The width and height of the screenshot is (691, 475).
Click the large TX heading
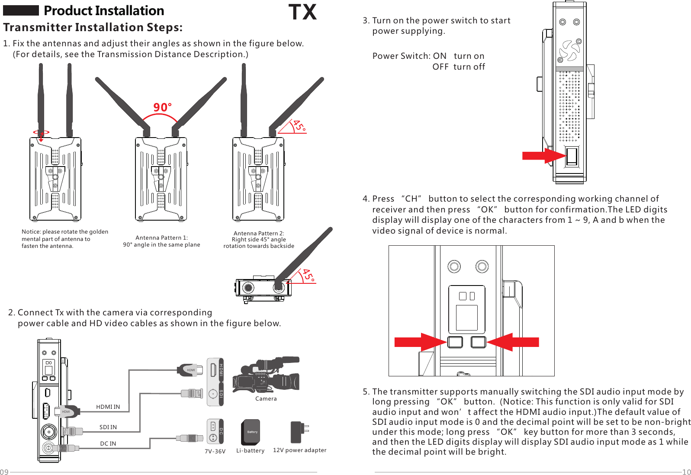click(302, 12)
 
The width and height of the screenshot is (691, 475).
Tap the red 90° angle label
click(162, 107)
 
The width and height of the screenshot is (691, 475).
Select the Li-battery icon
click(251, 432)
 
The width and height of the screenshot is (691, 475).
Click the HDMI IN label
click(108, 407)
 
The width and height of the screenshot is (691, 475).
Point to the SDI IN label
click(108, 427)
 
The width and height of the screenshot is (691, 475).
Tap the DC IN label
click(108, 443)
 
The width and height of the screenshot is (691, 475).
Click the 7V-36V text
click(215, 451)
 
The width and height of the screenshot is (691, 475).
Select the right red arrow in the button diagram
click(514, 342)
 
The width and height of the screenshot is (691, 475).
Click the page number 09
click(4, 472)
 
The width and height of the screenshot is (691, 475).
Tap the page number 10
click(686, 472)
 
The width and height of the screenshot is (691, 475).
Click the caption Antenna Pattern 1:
click(161, 237)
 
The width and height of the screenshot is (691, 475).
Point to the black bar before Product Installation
click(21, 10)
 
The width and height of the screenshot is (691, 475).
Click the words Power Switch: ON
click(409, 56)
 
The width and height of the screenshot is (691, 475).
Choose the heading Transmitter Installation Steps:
click(93, 27)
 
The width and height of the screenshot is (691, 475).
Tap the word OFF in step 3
click(440, 67)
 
